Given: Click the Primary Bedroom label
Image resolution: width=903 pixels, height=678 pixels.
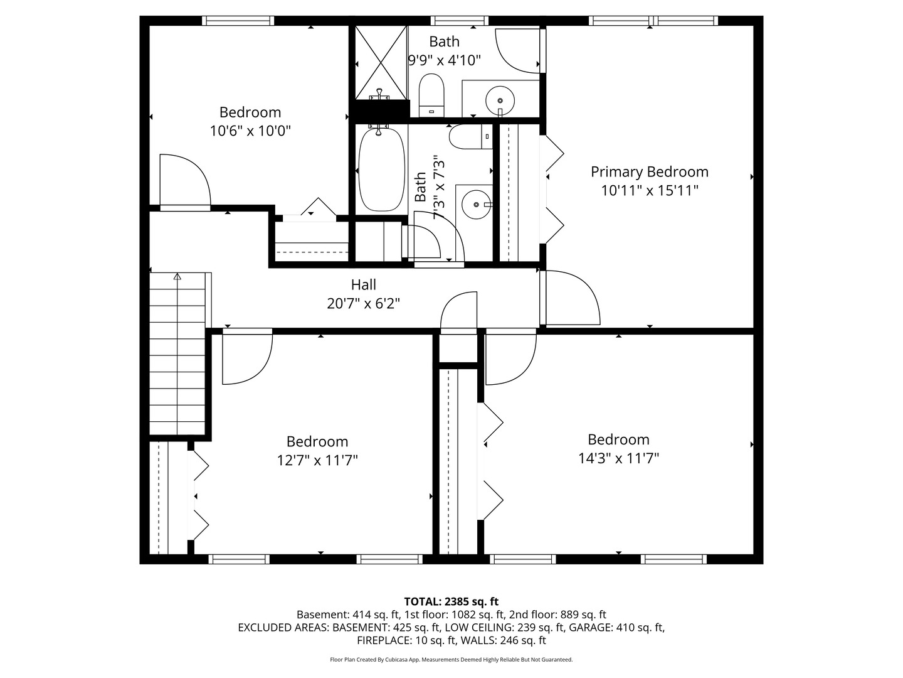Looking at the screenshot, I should pos(649,172).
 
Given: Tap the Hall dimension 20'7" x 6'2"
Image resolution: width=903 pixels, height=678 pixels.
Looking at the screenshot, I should pos(363,304).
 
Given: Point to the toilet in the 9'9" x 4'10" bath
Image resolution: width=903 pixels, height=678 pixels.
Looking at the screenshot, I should pos(431,95).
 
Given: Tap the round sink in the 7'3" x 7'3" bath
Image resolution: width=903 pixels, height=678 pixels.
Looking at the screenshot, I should pos(477,204).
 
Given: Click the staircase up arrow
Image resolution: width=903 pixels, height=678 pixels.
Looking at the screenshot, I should pos(177,276).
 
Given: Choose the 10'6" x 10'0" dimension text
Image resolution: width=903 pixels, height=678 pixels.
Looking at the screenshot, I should pos(250,131).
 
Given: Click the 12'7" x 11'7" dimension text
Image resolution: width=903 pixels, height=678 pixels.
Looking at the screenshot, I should pos(317,461).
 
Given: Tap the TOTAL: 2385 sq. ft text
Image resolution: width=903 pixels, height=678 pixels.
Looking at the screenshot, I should pos(451,602).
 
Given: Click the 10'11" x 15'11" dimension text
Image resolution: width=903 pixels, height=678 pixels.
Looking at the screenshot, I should pos(649,191).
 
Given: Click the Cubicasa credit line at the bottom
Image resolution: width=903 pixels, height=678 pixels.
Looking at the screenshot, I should pos(451,660).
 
